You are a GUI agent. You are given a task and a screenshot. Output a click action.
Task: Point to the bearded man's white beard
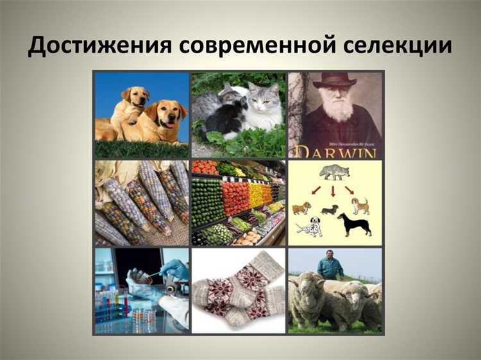click(339, 110)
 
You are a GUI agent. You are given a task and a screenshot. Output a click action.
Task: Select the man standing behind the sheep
click(330, 264)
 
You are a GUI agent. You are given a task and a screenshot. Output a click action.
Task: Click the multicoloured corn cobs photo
click(142, 203)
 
